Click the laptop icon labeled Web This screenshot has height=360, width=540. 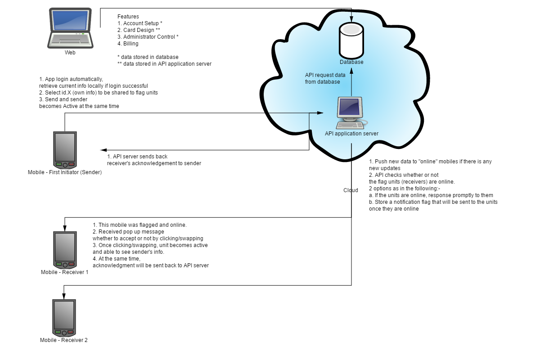[x=70, y=28]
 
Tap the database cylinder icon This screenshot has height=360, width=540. [x=351, y=40]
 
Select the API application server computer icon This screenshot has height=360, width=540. [x=352, y=113]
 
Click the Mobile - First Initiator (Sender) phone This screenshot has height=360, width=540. [x=65, y=150]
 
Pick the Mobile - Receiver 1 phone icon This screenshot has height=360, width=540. [x=65, y=250]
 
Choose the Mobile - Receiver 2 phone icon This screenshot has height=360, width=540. [x=64, y=318]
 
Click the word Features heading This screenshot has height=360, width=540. [x=128, y=16]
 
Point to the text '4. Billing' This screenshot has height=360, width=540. [x=128, y=43]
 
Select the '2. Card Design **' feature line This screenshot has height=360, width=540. [x=139, y=30]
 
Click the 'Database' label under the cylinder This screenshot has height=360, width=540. [x=351, y=62]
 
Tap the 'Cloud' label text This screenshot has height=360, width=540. [x=351, y=190]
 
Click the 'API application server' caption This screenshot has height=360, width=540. [x=351, y=133]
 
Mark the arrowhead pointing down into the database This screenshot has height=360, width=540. [x=351, y=19]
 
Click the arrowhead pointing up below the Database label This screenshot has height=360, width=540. [x=351, y=71]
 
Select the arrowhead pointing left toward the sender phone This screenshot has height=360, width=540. [x=103, y=150]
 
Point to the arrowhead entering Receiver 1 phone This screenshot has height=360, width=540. [x=65, y=228]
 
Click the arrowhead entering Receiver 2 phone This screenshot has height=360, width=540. [x=64, y=297]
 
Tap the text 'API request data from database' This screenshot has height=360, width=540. [x=325, y=78]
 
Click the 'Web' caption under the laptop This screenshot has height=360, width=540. [x=70, y=53]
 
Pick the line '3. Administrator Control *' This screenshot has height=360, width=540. [x=148, y=36]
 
